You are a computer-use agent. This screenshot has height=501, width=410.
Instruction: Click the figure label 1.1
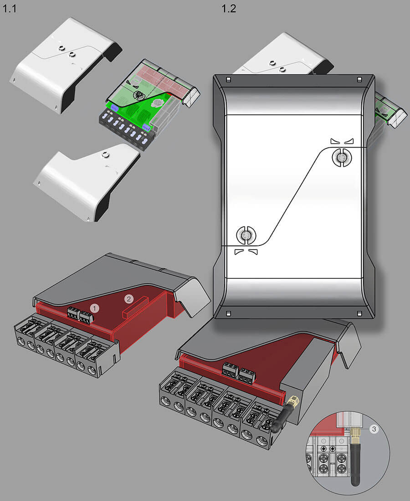pyautogui.click(x=9, y=8)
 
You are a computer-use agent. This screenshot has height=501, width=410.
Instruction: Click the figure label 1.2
pyautogui.click(x=229, y=8)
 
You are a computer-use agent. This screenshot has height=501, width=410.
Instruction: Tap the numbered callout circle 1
pyautogui.click(x=94, y=308)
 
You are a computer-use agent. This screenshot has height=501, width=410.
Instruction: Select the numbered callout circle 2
pyautogui.click(x=129, y=299)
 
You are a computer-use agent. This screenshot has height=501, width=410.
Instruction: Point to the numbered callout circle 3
pyautogui.click(x=374, y=429)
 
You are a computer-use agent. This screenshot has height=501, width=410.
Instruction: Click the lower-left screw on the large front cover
pyautogui.click(x=246, y=235)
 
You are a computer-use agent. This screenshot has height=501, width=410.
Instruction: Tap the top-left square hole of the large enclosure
pyautogui.click(x=228, y=80)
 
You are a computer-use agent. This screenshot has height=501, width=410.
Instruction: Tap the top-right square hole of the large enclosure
pyautogui.click(x=359, y=80)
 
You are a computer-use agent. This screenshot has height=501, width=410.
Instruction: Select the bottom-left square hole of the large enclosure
pyautogui.click(x=228, y=314)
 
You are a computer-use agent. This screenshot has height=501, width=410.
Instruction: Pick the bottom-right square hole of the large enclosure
pyautogui.click(x=359, y=314)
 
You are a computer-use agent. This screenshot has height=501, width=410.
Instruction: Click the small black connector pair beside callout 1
pyautogui.click(x=79, y=315)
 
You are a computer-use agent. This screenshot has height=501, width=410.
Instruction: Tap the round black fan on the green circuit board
pyautogui.click(x=138, y=95)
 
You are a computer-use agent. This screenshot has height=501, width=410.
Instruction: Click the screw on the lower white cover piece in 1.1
pyautogui.click(x=104, y=155)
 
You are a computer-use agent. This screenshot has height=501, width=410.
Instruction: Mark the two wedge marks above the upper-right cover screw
pyautogui.click(x=342, y=141)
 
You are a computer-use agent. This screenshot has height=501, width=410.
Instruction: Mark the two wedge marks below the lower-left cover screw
pyautogui.click(x=246, y=252)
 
